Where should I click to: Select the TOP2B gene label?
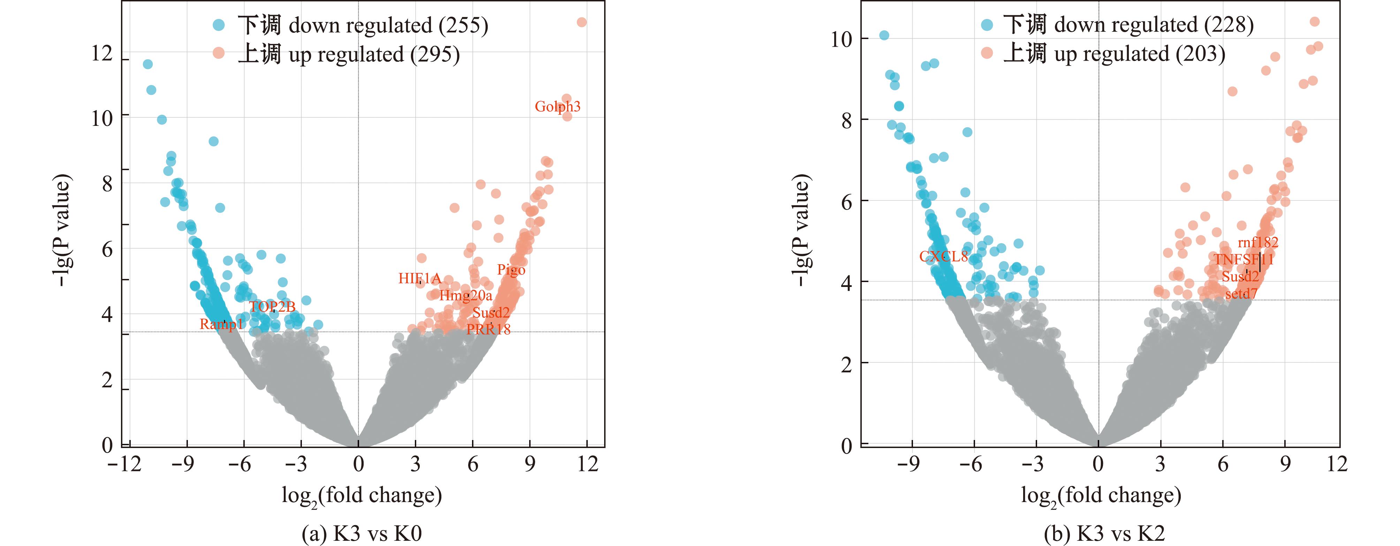pos(272,307)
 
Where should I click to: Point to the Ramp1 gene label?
pos(221,324)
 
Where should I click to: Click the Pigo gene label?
pos(511,270)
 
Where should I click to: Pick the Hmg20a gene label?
pos(465,295)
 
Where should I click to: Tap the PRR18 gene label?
pos(488,329)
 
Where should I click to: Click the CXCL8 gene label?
pos(943,257)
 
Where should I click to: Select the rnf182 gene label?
pos(1258,243)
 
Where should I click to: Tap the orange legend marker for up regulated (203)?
pos(987,53)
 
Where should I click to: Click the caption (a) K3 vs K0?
pos(362,533)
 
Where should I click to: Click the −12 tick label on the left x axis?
pos(124,464)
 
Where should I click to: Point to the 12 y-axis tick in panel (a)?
pos(102,54)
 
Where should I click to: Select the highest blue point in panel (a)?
pos(147,64)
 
